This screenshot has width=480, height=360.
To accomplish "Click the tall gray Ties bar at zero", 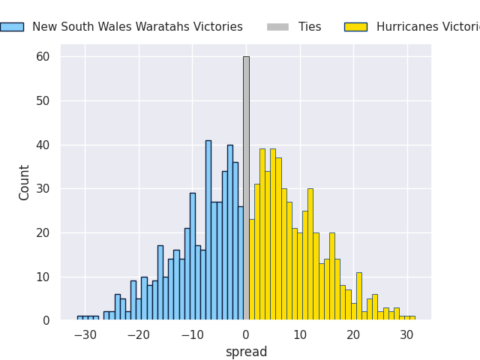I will pos(246,188).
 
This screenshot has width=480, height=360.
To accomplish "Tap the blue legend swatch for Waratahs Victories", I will pos(12,27).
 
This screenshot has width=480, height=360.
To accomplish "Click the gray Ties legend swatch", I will pos(277,27).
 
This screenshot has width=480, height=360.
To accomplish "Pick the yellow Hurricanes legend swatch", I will pos(355,27).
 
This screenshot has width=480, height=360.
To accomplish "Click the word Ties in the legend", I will pos(310,27).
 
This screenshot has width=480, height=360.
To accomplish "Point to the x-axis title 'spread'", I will pos(246,352).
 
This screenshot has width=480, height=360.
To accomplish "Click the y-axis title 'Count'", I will pos(25,182).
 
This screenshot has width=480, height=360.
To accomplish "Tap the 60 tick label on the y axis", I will pos(43,57).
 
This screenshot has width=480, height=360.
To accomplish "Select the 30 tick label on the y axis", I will pos(43,189).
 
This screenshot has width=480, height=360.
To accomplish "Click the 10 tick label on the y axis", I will pos(43,277).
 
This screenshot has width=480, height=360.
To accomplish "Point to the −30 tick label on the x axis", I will pos(85,335).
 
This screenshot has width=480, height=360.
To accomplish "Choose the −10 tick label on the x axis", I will pos(192,335).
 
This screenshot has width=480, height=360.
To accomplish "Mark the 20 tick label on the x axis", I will pos(353,335).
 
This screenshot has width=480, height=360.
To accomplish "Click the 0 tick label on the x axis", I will pos(246,335).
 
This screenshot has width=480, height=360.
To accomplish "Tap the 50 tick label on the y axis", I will pos(43,101).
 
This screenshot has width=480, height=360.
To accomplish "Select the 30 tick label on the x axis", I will pos(406,335).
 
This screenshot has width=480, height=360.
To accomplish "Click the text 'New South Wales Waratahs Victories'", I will pos(137,27).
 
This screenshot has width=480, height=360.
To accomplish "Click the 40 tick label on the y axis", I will pos(43,145).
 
